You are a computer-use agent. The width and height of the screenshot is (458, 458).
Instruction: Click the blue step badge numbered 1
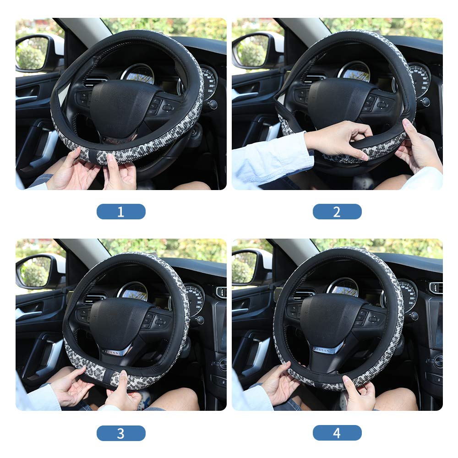(121, 212)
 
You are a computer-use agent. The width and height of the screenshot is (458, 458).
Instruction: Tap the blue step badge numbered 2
(337, 212)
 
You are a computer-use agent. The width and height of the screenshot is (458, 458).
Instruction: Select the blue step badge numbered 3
(121, 433)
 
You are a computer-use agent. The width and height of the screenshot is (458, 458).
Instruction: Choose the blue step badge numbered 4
(337, 433)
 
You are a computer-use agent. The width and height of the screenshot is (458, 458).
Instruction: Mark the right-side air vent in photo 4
(436, 288)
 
